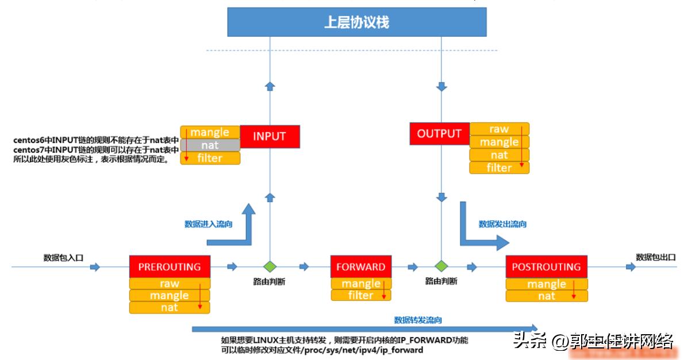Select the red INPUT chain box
coord(269,137)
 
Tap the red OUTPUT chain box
coord(439,134)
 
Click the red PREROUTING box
coord(170,267)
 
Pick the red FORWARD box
coord(361,267)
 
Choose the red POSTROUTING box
coord(546,267)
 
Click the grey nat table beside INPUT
coord(210,145)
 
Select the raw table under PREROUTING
coord(170,284)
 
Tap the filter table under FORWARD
coord(361,296)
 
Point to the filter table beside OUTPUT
coord(499,168)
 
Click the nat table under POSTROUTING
coord(546,296)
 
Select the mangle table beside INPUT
coord(210,132)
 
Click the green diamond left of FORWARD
coord(269,267)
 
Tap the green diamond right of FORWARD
coord(441,267)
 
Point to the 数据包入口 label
coord(63,258)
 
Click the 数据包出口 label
coord(655,257)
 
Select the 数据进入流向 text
coord(208,224)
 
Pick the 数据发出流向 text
coord(502,224)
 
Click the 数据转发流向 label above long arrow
coord(418,320)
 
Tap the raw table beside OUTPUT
coord(499,129)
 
